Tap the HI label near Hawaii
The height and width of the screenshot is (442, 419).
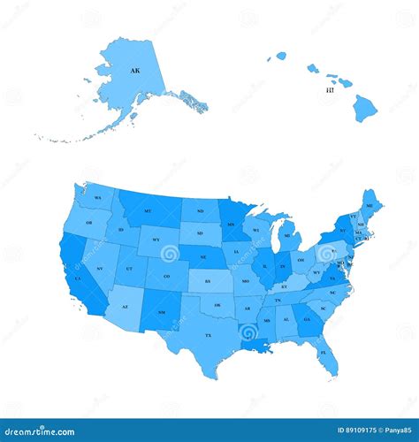click(330, 90)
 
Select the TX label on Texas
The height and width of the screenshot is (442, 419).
click(209, 335)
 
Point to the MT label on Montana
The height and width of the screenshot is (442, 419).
click(148, 211)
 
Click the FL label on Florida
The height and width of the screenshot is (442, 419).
click(323, 352)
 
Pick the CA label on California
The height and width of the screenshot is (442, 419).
click(78, 278)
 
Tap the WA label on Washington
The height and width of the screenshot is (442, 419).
click(98, 197)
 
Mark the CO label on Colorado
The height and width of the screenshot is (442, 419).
click(166, 275)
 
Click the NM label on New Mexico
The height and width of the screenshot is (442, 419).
click(159, 314)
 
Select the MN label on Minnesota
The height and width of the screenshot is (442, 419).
click(231, 225)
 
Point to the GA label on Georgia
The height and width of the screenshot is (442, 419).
click(307, 319)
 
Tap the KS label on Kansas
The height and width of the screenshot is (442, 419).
click(208, 281)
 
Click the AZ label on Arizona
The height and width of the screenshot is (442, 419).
click(125, 307)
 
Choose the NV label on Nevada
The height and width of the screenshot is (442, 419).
click(99, 268)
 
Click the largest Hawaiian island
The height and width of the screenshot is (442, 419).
click(364, 109)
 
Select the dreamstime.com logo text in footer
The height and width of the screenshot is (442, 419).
click(44, 432)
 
